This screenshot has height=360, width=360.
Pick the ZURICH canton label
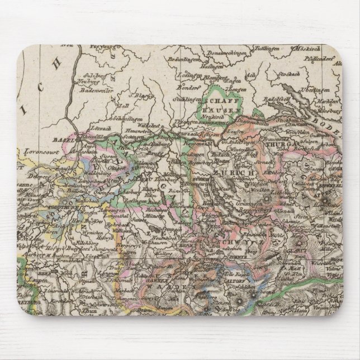[239, 174]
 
